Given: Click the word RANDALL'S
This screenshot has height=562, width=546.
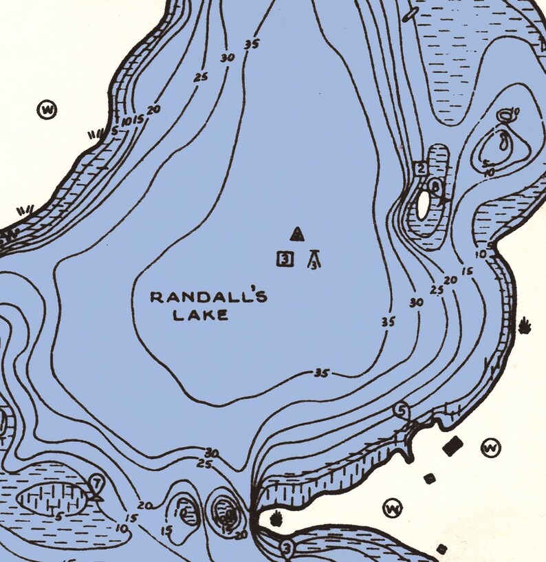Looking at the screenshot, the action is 208,297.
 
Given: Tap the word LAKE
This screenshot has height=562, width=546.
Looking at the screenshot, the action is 200,316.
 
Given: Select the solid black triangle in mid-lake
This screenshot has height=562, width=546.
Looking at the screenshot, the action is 297,235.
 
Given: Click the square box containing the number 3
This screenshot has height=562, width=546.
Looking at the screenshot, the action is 285,259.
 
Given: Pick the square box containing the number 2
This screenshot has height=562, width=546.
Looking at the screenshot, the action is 421,168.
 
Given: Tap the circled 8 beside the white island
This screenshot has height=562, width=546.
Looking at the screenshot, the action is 436,186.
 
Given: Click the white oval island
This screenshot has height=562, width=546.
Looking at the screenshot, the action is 423,204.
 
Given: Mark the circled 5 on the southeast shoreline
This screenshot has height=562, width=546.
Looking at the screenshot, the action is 402,411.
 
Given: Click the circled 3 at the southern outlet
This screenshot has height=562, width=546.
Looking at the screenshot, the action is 287,548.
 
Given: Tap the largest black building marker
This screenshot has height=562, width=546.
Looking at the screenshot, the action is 452,446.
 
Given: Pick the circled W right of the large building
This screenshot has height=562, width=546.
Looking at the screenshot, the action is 491,448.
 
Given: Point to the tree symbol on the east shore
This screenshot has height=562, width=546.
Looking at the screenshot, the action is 526,324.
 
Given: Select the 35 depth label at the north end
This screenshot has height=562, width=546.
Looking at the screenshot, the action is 251,45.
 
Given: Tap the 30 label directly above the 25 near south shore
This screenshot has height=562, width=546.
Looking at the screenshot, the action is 212,453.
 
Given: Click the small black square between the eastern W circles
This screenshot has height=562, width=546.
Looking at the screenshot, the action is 430,478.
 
